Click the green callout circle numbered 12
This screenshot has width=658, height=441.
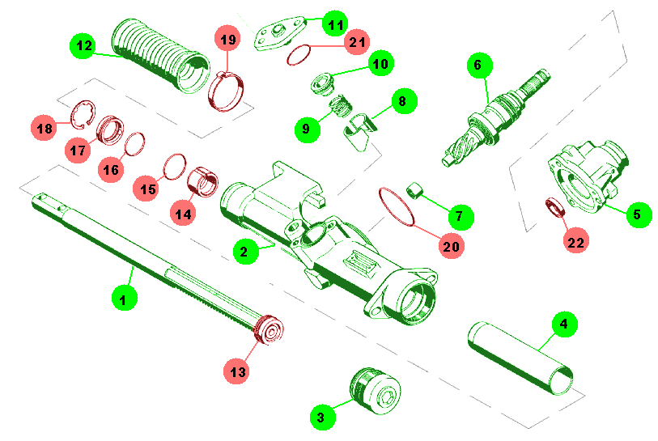click(x=83, y=45)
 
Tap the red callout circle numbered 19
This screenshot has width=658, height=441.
click(x=228, y=40)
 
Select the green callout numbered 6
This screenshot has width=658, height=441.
click(x=479, y=65)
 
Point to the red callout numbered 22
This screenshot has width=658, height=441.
click(x=575, y=241)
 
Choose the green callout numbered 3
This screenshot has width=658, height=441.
click(x=322, y=417)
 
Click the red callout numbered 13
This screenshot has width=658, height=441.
click(x=237, y=371)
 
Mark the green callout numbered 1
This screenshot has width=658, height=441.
click(x=124, y=299)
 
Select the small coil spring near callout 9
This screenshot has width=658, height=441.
click(x=340, y=106)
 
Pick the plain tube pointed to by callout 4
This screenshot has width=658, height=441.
click(x=520, y=358)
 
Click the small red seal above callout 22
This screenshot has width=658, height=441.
click(x=554, y=209)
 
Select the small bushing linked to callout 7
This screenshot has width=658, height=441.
click(x=414, y=190)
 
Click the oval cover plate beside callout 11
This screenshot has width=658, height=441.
click(x=278, y=33)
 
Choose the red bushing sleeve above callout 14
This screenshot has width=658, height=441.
click(x=202, y=182)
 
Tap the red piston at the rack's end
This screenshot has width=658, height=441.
click(x=269, y=329)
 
